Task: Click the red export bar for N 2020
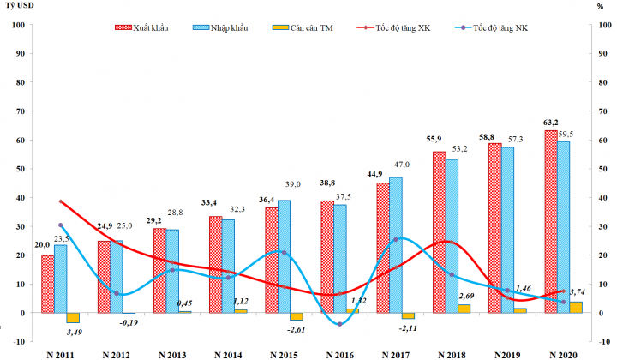pyautogui.click(x=551, y=221)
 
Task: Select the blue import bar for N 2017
pyautogui.click(x=396, y=245)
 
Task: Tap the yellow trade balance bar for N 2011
pyautogui.click(x=73, y=318)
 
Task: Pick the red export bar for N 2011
pyautogui.click(x=48, y=284)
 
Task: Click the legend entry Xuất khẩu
pyautogui.click(x=141, y=28)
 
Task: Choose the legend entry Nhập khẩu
pyautogui.click(x=220, y=28)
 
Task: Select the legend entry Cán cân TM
pyautogui.click(x=303, y=28)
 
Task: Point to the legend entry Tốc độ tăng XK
pyautogui.click(x=393, y=28)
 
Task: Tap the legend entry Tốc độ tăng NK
pyautogui.click(x=491, y=28)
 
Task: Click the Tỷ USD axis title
pyautogui.click(x=19, y=6)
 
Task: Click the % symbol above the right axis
pyautogui.click(x=600, y=6)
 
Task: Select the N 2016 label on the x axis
pyautogui.click(x=340, y=355)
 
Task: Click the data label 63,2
pyautogui.click(x=551, y=123)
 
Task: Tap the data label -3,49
pyautogui.click(x=73, y=332)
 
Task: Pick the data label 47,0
pyautogui.click(x=402, y=165)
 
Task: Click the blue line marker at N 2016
pyautogui.click(x=340, y=324)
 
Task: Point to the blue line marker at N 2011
pyautogui.click(x=60, y=225)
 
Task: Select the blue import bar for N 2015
pyautogui.click(x=285, y=256)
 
